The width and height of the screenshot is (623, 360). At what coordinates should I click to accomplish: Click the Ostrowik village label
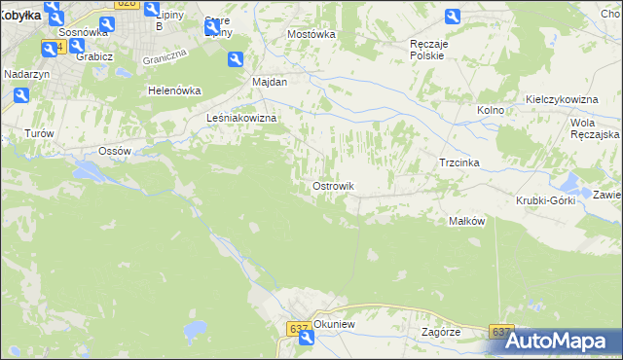point(332,186)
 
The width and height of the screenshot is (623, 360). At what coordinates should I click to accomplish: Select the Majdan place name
point(270,82)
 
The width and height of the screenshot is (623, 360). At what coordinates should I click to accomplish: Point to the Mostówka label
point(311,33)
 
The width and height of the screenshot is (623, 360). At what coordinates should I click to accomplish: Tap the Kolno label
point(491,110)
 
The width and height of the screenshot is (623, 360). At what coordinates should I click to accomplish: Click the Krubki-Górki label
point(545,200)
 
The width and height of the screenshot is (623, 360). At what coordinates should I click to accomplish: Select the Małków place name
point(466,221)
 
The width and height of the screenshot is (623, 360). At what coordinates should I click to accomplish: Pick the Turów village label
point(38,133)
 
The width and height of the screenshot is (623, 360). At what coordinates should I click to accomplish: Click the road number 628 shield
point(126,4)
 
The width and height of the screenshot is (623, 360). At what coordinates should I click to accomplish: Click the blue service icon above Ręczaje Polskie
point(453,17)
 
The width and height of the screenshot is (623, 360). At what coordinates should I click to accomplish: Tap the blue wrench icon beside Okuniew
point(307,338)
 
